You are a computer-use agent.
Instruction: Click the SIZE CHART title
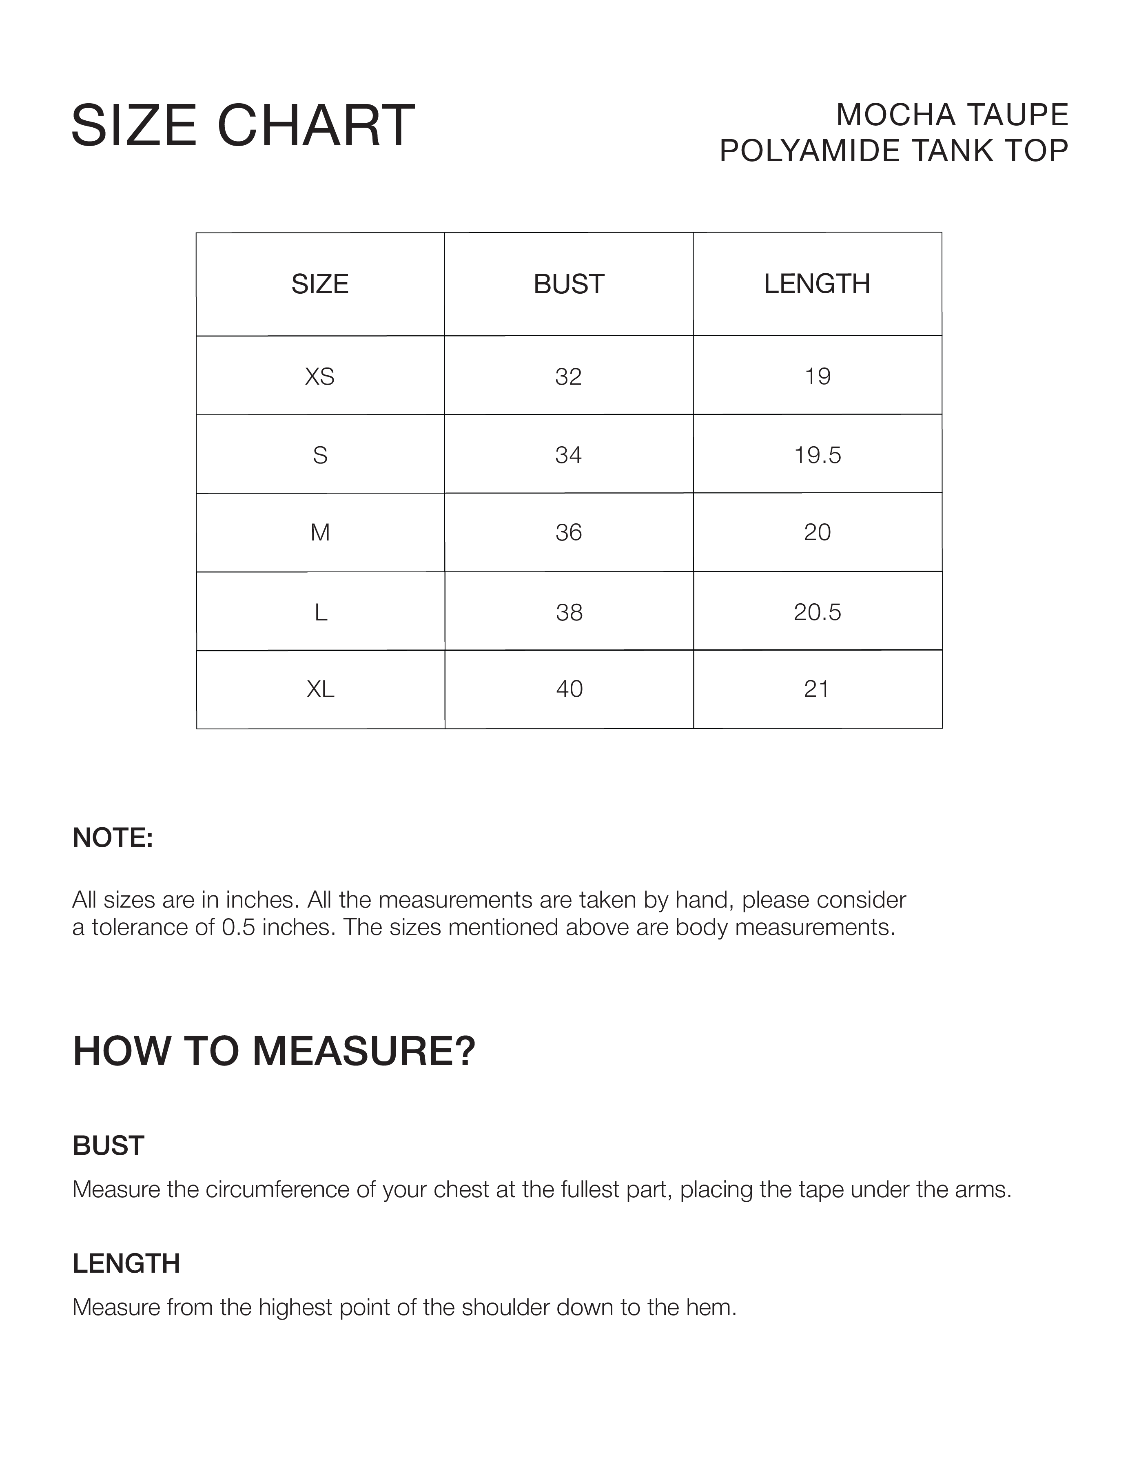(243, 126)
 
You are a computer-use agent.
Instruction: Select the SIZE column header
(319, 284)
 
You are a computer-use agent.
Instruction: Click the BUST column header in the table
(569, 284)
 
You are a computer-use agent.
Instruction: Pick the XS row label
(319, 376)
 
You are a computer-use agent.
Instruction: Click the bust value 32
(568, 376)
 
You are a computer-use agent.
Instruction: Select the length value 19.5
(818, 455)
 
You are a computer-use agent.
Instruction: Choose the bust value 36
(569, 533)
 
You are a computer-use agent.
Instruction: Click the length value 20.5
(818, 612)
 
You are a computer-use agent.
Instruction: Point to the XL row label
(320, 689)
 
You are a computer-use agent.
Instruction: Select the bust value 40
(569, 689)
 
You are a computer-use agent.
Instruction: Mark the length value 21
(817, 689)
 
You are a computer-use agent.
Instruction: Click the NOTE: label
(113, 838)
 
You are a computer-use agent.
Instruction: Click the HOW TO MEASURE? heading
(274, 1052)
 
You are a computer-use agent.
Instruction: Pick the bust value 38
(569, 612)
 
